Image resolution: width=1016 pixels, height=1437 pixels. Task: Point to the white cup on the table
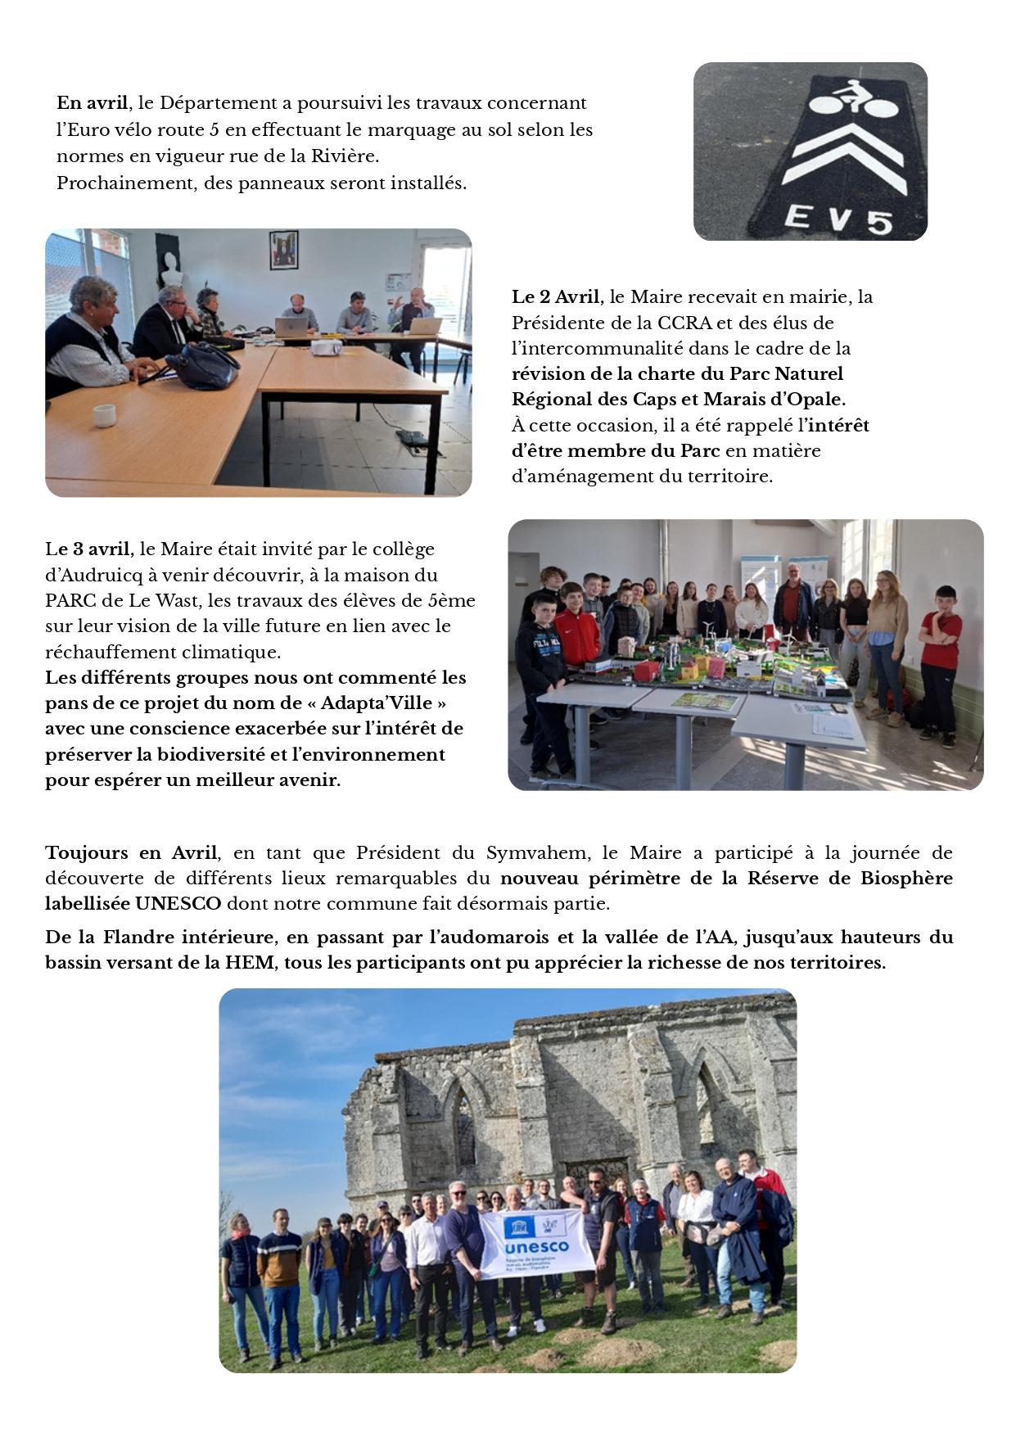[103, 416]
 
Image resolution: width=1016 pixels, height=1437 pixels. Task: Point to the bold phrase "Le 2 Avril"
[557, 296]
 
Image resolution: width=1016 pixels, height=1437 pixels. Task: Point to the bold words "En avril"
[92, 103]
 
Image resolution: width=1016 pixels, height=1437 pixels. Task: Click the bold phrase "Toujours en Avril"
[131, 852]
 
